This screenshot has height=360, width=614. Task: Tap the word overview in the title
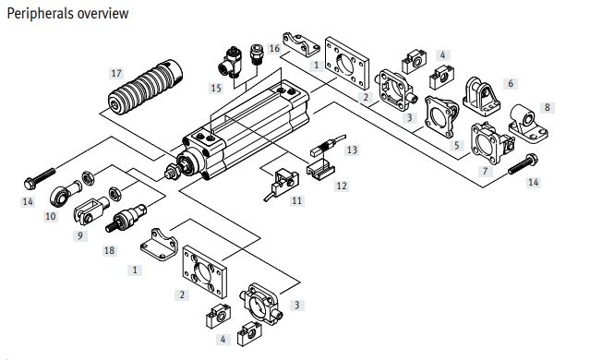pyautogui.click(x=103, y=13)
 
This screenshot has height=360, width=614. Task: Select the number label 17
pyautogui.click(x=116, y=74)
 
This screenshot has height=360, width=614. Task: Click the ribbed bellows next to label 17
pyautogui.click(x=145, y=87)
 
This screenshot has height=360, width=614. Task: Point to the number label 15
pyautogui.click(x=216, y=89)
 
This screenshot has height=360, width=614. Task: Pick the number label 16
pyautogui.click(x=274, y=49)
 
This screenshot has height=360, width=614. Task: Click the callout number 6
pyautogui.click(x=511, y=83)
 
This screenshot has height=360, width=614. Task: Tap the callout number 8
pyautogui.click(x=547, y=107)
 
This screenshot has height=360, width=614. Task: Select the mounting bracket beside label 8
pyautogui.click(x=528, y=123)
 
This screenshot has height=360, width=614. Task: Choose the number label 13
pyautogui.click(x=352, y=150)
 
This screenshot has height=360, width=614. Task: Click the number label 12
pyautogui.click(x=342, y=186)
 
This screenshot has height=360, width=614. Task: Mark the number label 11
pyautogui.click(x=296, y=201)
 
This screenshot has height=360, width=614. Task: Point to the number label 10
pyautogui.click(x=51, y=216)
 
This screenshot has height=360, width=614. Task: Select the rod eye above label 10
pyautogui.click(x=66, y=193)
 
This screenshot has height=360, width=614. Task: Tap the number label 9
pyautogui.click(x=80, y=236)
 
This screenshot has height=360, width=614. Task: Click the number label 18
pyautogui.click(x=109, y=251)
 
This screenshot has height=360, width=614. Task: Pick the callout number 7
pyautogui.click(x=485, y=171)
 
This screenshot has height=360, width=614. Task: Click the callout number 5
pyautogui.click(x=457, y=146)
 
